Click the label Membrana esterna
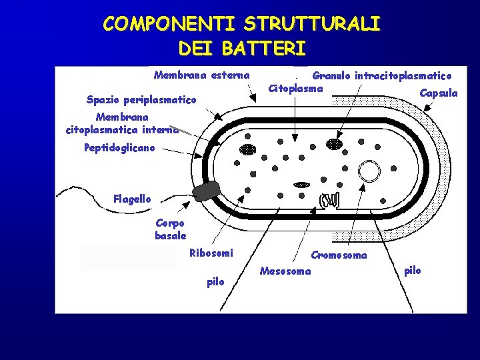point(201,75)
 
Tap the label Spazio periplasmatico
point(141,100)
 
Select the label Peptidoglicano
point(119,148)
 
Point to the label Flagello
point(132,199)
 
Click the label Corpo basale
point(171,229)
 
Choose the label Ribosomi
point(211,253)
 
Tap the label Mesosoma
point(285,271)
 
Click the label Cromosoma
point(339,255)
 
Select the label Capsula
point(438,93)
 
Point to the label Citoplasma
point(295,88)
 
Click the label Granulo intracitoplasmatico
point(382,76)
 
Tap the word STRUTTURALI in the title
point(312,25)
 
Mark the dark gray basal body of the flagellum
point(207,191)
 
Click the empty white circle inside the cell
point(369,171)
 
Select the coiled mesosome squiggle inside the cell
point(330,199)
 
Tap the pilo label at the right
point(413,270)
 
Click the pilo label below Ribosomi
point(215,282)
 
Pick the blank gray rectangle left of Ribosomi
point(129,257)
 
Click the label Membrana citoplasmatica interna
point(122,123)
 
